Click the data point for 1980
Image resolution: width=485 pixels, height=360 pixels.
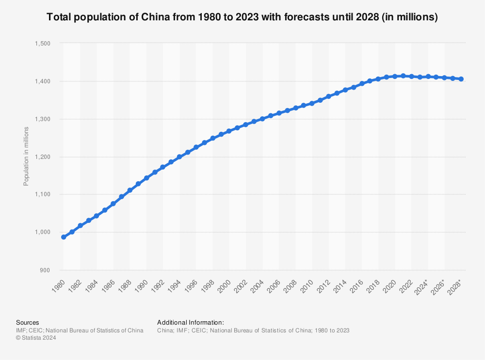[x=64, y=237]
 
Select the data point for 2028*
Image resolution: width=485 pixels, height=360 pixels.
[x=461, y=79]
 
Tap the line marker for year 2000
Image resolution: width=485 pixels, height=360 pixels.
[x=229, y=131]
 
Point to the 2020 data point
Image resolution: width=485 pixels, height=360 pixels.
[x=395, y=76]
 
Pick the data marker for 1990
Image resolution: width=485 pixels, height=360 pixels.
[x=146, y=178]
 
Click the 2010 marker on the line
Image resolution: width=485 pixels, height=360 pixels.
[x=312, y=103]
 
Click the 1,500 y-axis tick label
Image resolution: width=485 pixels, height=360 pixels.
[x=43, y=44]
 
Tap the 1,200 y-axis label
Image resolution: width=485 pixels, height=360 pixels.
[x=43, y=157]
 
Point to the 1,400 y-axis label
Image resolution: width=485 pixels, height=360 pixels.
[x=43, y=81]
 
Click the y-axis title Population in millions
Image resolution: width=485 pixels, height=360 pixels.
[x=26, y=156]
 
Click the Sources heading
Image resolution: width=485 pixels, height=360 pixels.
[x=28, y=322]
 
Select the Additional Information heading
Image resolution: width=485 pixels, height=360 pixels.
[x=191, y=322]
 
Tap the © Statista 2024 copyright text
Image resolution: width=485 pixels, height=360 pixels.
[x=36, y=338]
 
